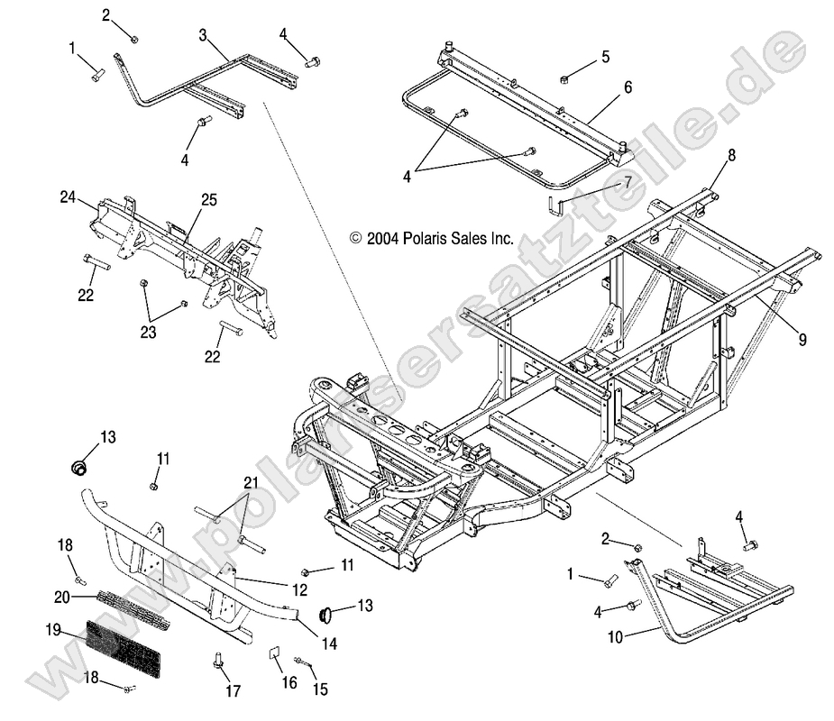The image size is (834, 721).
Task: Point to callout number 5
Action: tap(605, 57)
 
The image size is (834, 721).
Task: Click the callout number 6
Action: tap(628, 87)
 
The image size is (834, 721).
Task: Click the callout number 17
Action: tap(234, 692)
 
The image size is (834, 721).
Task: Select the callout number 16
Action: tap(289, 683)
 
